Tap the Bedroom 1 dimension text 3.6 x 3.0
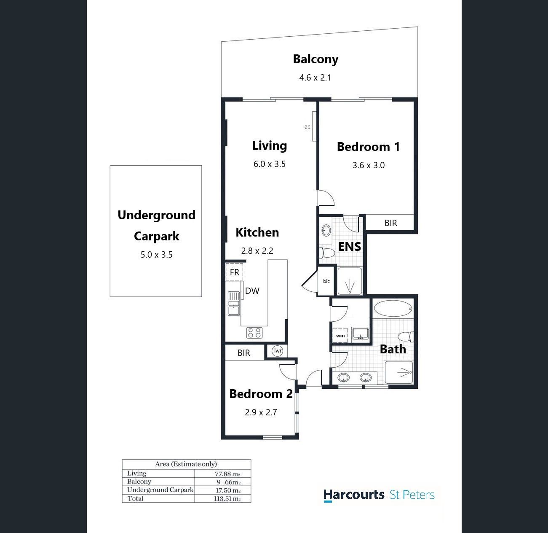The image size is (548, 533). coord(368,165)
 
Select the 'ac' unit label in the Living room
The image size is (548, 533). coord(307,127)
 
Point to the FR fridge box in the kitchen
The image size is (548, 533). coord(234,272)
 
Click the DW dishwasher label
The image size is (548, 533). coord(252,291)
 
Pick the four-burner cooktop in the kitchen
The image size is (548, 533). coord(254,333)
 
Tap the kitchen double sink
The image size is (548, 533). coord(234,304)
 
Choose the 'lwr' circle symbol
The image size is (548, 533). coord(278,351)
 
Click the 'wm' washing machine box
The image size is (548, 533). coord(340,335)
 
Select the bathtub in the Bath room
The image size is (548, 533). coord(393,308)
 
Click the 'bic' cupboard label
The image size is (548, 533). coord(326,281)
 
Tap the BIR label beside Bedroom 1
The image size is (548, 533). coord(390,223)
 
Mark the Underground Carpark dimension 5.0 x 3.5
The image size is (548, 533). coord(157,255)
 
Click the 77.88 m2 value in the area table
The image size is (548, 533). coord(227,474)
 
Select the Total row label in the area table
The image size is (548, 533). coord(136,498)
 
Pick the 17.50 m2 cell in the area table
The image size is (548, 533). coord(228,490)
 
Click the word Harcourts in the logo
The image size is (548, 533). coord(354,495)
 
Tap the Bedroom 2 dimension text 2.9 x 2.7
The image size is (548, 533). coord(261,412)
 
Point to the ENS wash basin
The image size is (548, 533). coord(326,230)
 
